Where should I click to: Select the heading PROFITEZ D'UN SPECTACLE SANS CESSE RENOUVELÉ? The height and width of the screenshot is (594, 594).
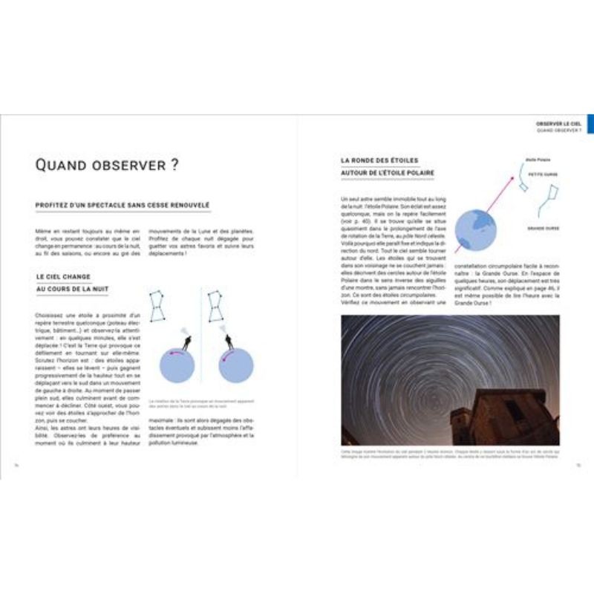click(x=123, y=205)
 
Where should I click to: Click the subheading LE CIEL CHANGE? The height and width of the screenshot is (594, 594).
click(x=63, y=276)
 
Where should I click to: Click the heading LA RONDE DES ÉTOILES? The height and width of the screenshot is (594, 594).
click(x=379, y=160)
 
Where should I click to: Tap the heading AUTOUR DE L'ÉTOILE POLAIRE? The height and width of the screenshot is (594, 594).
click(x=388, y=173)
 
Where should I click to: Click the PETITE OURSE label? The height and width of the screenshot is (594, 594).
click(x=543, y=175)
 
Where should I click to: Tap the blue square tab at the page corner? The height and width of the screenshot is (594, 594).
click(x=590, y=124)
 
